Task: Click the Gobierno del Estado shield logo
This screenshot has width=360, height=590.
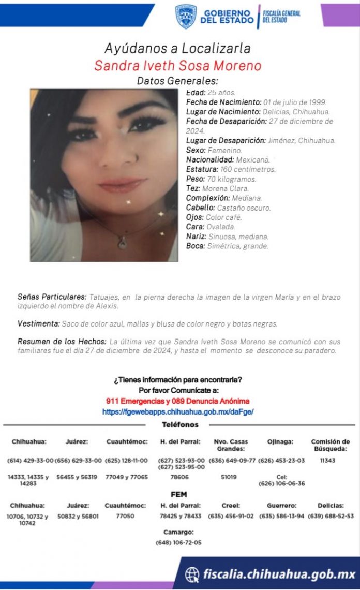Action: [186, 17]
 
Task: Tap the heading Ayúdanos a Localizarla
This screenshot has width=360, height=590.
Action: [177, 49]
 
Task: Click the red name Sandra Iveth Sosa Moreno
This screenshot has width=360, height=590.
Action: [177, 66]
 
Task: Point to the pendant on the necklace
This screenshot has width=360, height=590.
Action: [122, 241]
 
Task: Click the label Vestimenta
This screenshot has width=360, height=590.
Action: [38, 324]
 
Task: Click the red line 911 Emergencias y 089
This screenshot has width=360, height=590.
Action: [177, 401]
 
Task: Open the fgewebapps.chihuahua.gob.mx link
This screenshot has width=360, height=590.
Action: [177, 412]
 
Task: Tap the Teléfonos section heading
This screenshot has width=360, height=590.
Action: [179, 425]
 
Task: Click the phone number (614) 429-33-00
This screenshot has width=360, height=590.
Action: [30, 460]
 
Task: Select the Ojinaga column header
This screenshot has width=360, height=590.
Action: [280, 442]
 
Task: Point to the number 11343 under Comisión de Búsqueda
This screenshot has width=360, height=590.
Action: [328, 460]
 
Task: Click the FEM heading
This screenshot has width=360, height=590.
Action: [178, 494]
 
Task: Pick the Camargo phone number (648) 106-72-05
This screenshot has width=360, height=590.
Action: [178, 543]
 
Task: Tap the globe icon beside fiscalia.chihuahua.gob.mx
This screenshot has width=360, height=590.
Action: [192, 573]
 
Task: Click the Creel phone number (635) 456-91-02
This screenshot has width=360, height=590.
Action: [231, 516]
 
